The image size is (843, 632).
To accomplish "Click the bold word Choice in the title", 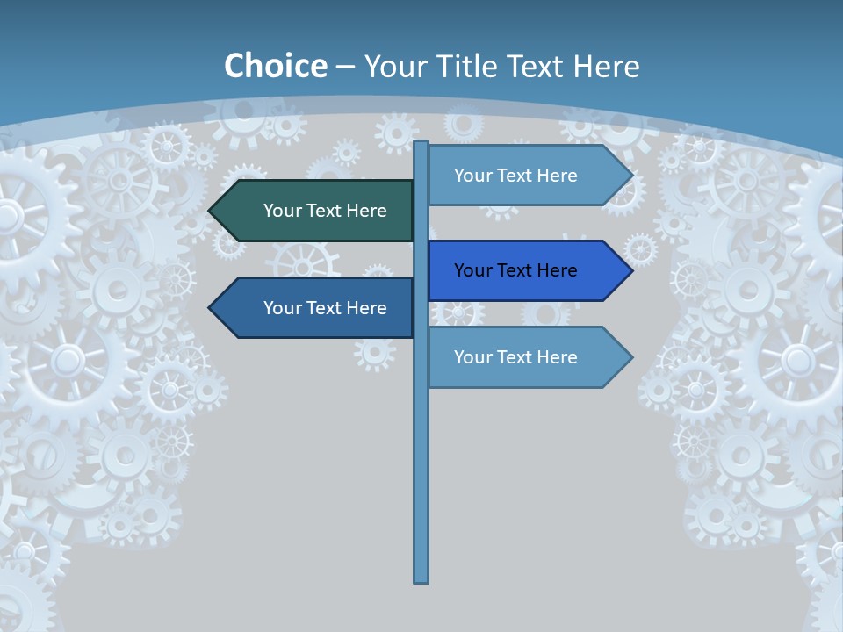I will point(276,66).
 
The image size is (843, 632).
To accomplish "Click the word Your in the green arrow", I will point(282,211).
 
